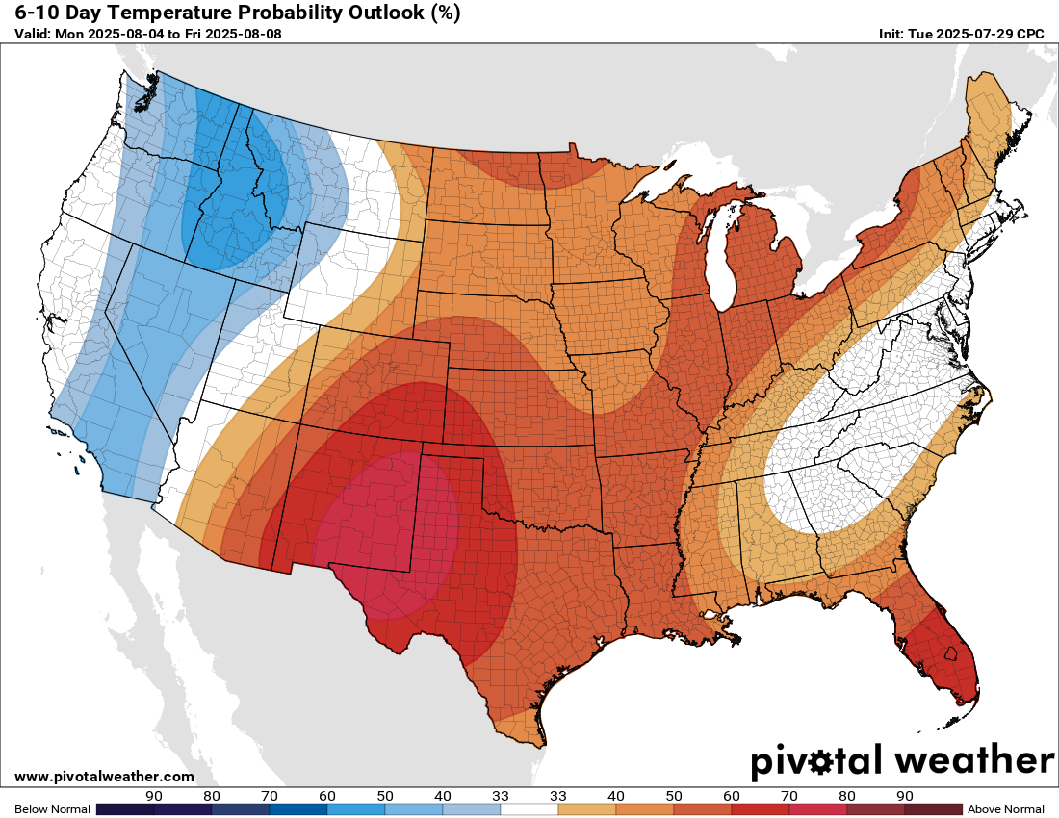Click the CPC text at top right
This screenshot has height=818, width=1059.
click(x=1031, y=34)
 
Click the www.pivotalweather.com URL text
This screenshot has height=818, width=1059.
click(x=104, y=777)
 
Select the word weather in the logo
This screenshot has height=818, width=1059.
click(x=973, y=760)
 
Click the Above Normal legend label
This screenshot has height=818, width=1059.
click(x=1005, y=809)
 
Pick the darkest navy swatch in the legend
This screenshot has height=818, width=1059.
click(x=125, y=809)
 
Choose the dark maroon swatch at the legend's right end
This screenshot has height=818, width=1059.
click(x=933, y=809)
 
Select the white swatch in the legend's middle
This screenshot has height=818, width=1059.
click(x=529, y=809)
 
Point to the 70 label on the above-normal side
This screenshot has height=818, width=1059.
click(x=788, y=796)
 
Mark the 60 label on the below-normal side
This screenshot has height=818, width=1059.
click(x=326, y=796)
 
